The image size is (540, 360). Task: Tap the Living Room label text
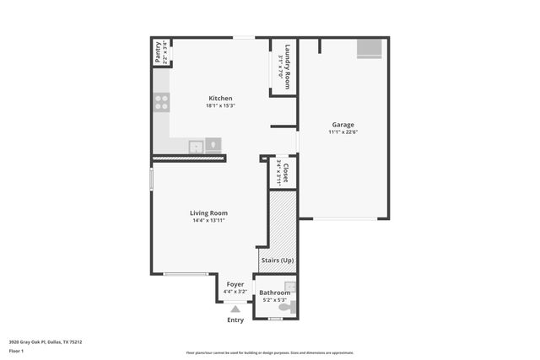(208, 213)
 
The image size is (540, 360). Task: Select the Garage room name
(342, 125)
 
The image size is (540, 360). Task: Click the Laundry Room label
(288, 67)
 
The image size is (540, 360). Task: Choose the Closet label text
(285, 173)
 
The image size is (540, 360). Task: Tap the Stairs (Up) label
(277, 260)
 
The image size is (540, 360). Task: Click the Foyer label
(235, 284)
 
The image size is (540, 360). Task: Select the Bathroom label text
(275, 293)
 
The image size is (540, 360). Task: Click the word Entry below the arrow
(235, 320)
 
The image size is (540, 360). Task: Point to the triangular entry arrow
(235, 309)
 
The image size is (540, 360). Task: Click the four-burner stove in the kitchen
(161, 103)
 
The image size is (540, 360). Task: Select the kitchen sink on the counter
(197, 145)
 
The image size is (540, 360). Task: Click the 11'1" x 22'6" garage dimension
(342, 132)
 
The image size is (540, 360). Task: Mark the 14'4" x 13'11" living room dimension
(208, 221)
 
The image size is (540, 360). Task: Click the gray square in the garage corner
(369, 49)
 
